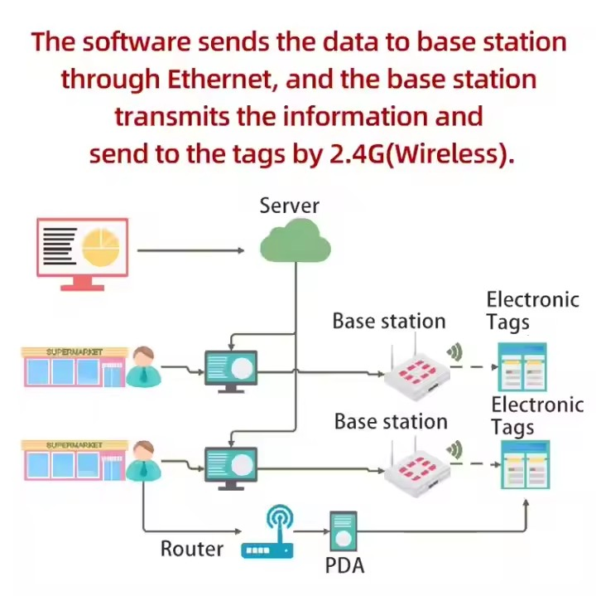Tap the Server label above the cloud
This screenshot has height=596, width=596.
pyautogui.click(x=289, y=206)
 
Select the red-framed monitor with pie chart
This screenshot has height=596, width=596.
pyautogui.click(x=82, y=251)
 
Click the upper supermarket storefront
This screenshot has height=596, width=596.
pyautogui.click(x=74, y=367)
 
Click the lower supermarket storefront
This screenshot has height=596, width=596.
pyautogui.click(x=74, y=460)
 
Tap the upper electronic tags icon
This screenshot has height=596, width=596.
pyautogui.click(x=522, y=367)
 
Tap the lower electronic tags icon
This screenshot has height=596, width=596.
pyautogui.click(x=524, y=465)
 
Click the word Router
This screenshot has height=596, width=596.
pyautogui.click(x=191, y=549)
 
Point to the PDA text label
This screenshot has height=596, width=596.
pyautogui.click(x=344, y=566)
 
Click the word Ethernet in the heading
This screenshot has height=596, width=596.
pyautogui.click(x=223, y=80)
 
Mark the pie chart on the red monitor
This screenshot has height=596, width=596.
pyautogui.click(x=103, y=246)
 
